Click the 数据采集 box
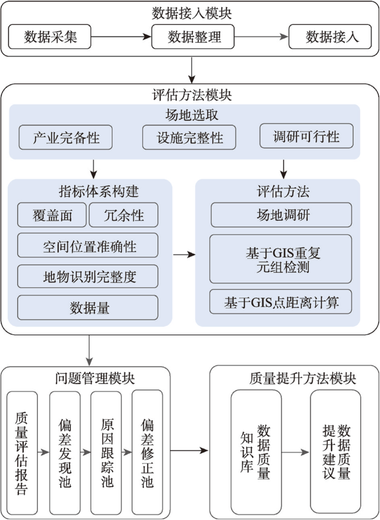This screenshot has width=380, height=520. pyautogui.click(x=50, y=36)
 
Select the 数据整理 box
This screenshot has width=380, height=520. pyautogui.click(x=193, y=36)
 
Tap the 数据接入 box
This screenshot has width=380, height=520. pyautogui.click(x=331, y=36)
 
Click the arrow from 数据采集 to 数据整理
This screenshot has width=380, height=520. pyautogui.click(x=122, y=37)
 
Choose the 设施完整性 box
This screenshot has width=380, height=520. pyautogui.click(x=189, y=137)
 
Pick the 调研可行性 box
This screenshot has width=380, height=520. pyautogui.click(x=306, y=136)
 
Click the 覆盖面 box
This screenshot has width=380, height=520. pyautogui.click(x=52, y=215)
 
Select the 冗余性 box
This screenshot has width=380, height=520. pyautogui.click(x=124, y=215)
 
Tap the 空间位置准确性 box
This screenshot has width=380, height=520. pyautogui.click(x=88, y=245)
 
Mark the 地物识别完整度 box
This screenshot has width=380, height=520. pyautogui.click(x=88, y=277)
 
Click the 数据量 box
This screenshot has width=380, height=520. pyautogui.click(x=88, y=308)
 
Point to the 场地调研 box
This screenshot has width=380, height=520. pyautogui.click(x=281, y=215)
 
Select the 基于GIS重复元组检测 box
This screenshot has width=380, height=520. pyautogui.click(x=281, y=259)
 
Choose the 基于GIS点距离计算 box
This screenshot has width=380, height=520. pyautogui.click(x=281, y=302)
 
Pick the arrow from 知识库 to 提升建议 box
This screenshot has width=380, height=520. pyautogui.click(x=296, y=452)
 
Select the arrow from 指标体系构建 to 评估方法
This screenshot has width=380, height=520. pyautogui.click(x=185, y=255)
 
